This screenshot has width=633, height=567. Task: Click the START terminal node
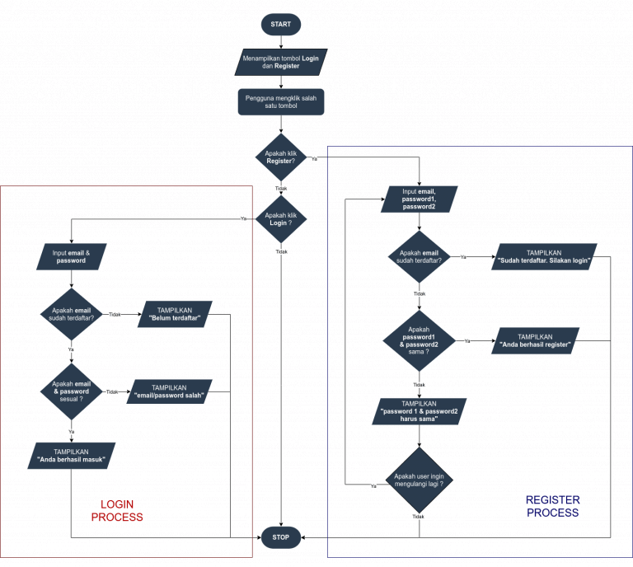281,25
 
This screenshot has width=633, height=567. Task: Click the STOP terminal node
281,537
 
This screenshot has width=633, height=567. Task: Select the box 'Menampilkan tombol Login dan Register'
281,62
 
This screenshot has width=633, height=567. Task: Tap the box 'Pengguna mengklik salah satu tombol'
281,102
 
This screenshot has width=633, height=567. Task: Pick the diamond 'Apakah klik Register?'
281,157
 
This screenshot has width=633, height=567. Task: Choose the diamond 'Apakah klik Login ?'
281,219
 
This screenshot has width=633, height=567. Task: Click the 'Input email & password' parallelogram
72,256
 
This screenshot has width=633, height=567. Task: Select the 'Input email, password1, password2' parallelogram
420,199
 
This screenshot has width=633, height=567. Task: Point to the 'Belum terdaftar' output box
175,314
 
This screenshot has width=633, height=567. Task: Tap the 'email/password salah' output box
169,391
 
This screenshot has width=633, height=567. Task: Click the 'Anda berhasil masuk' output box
72,456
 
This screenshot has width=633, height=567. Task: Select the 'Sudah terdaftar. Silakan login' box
544,256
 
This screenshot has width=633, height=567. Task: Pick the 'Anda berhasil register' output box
535,340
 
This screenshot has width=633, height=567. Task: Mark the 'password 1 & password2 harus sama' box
420,410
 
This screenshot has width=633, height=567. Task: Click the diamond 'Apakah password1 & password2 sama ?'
419,340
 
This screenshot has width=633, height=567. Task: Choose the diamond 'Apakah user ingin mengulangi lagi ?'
419,480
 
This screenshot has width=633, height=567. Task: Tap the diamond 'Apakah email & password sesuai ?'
71,391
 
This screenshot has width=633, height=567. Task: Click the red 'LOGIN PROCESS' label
117,511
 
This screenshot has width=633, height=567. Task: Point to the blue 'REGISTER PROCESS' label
552,506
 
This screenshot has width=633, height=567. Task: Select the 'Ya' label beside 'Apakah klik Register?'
314,158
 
